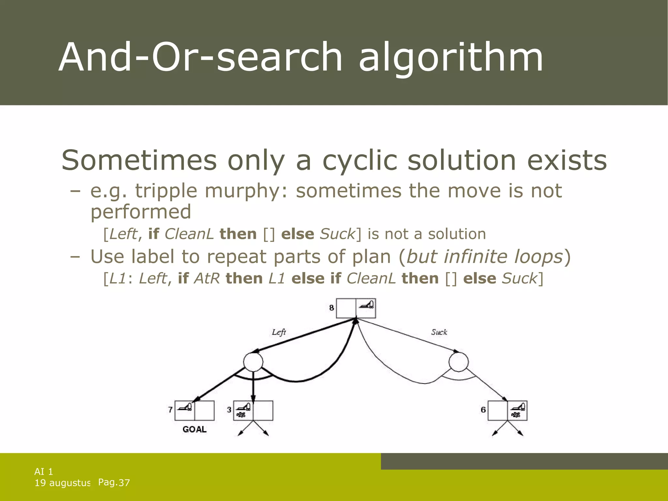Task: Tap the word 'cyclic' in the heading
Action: click(359, 160)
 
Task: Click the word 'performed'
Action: click(141, 212)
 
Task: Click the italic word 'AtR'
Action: click(207, 279)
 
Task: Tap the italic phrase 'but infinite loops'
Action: click(485, 257)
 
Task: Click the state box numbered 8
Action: click(356, 308)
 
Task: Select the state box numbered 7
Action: click(194, 411)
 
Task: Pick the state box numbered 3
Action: click(253, 411)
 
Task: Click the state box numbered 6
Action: click(507, 411)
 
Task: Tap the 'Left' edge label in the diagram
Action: click(279, 332)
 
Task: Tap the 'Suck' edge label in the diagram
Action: click(439, 332)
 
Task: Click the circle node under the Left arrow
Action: click(253, 362)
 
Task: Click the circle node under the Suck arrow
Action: click(458, 362)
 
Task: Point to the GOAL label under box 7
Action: click(194, 430)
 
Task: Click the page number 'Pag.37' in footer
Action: click(114, 482)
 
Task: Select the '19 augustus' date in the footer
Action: click(62, 483)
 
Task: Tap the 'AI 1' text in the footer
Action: click(44, 472)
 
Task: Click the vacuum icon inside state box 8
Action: click(367, 305)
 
